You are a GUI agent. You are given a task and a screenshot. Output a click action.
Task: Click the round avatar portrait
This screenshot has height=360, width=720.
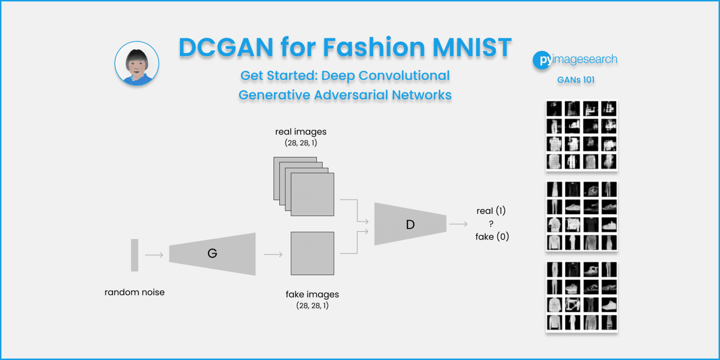point(137,63)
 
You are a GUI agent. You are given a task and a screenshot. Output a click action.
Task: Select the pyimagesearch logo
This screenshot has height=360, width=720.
point(575,60)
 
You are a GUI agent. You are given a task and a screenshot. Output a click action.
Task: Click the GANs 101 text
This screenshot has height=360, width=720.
point(576,80)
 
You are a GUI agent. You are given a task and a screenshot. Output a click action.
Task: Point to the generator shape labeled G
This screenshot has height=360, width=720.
point(212,254)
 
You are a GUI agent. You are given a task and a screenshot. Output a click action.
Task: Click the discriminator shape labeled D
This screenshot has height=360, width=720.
point(410,225)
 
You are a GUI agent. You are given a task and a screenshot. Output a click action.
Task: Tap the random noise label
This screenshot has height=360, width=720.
point(135,292)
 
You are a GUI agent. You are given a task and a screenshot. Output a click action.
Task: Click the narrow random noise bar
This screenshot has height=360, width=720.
point(135,255)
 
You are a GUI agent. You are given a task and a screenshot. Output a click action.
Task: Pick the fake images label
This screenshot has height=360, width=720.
point(312,295)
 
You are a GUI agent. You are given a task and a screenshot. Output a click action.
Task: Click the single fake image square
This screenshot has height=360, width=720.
point(312,253)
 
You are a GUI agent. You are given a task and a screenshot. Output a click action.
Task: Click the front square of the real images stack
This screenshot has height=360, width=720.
point(312,194)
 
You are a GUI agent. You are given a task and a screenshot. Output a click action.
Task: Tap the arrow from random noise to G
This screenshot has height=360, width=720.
point(154,255)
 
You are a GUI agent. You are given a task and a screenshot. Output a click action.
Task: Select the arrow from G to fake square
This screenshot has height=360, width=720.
point(273,255)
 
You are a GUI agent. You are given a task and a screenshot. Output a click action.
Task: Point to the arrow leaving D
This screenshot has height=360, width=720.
point(458,225)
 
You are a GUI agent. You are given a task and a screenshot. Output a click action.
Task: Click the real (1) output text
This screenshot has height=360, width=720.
point(491,211)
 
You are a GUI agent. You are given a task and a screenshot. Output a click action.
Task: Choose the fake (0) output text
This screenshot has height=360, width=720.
point(492,237)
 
